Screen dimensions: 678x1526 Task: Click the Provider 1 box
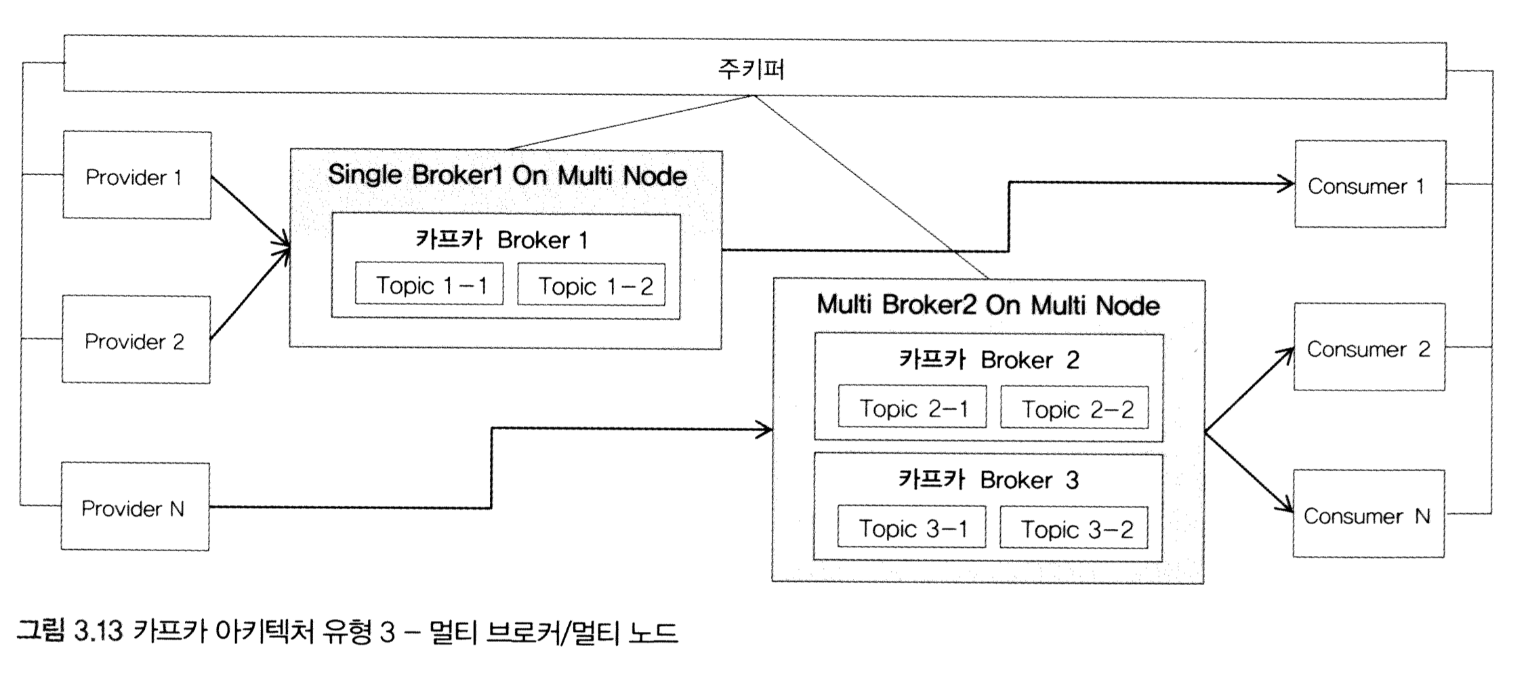pyautogui.click(x=136, y=176)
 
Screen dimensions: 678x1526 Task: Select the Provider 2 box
pyautogui.click(x=136, y=340)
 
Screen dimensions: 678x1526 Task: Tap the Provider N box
pyautogui.click(x=135, y=507)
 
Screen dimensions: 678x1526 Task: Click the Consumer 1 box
pyautogui.click(x=1369, y=184)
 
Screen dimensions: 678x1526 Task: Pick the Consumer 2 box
pyautogui.click(x=1369, y=348)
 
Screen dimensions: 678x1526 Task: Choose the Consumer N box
pyautogui.click(x=1368, y=515)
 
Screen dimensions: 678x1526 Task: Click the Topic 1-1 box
pyautogui.click(x=429, y=285)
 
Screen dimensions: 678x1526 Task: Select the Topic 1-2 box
pyautogui.click(x=592, y=285)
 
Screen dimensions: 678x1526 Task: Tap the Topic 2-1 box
pyautogui.click(x=912, y=407)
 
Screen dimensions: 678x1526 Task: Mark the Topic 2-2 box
pyautogui.click(x=1075, y=408)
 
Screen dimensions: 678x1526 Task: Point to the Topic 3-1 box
pyautogui.click(x=911, y=527)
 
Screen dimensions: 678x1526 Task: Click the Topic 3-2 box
pyautogui.click(x=1074, y=528)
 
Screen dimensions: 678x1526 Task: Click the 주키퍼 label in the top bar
pyautogui.click(x=751, y=68)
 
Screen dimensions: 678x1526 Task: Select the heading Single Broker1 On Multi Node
pyautogui.click(x=507, y=176)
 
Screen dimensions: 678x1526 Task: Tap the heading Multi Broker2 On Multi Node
pyautogui.click(x=988, y=305)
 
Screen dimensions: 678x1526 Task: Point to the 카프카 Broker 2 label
pyautogui.click(x=989, y=359)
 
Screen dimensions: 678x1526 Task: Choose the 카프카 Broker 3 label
pyautogui.click(x=988, y=479)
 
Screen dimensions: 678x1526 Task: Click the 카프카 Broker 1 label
pyautogui.click(x=502, y=239)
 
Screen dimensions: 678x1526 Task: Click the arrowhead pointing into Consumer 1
pyautogui.click(x=1286, y=183)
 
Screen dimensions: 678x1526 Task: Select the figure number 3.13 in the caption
pyautogui.click(x=98, y=632)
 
